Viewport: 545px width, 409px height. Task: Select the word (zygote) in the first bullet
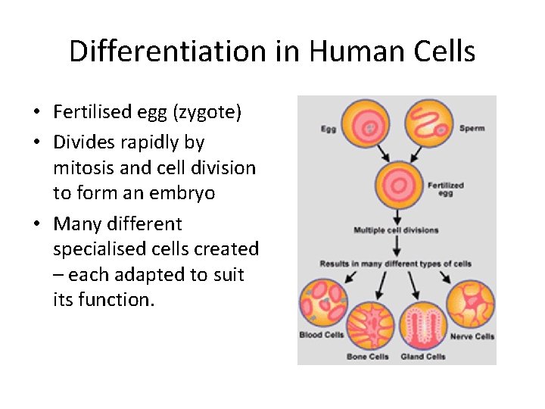(207, 113)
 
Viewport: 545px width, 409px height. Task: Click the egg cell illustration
(365, 124)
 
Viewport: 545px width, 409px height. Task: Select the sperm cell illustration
(429, 123)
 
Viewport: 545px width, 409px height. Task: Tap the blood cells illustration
(323, 304)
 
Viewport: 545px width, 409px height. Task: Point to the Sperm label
(472, 129)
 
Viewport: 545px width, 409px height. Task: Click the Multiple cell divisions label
(396, 230)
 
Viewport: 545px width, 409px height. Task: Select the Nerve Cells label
(472, 336)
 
